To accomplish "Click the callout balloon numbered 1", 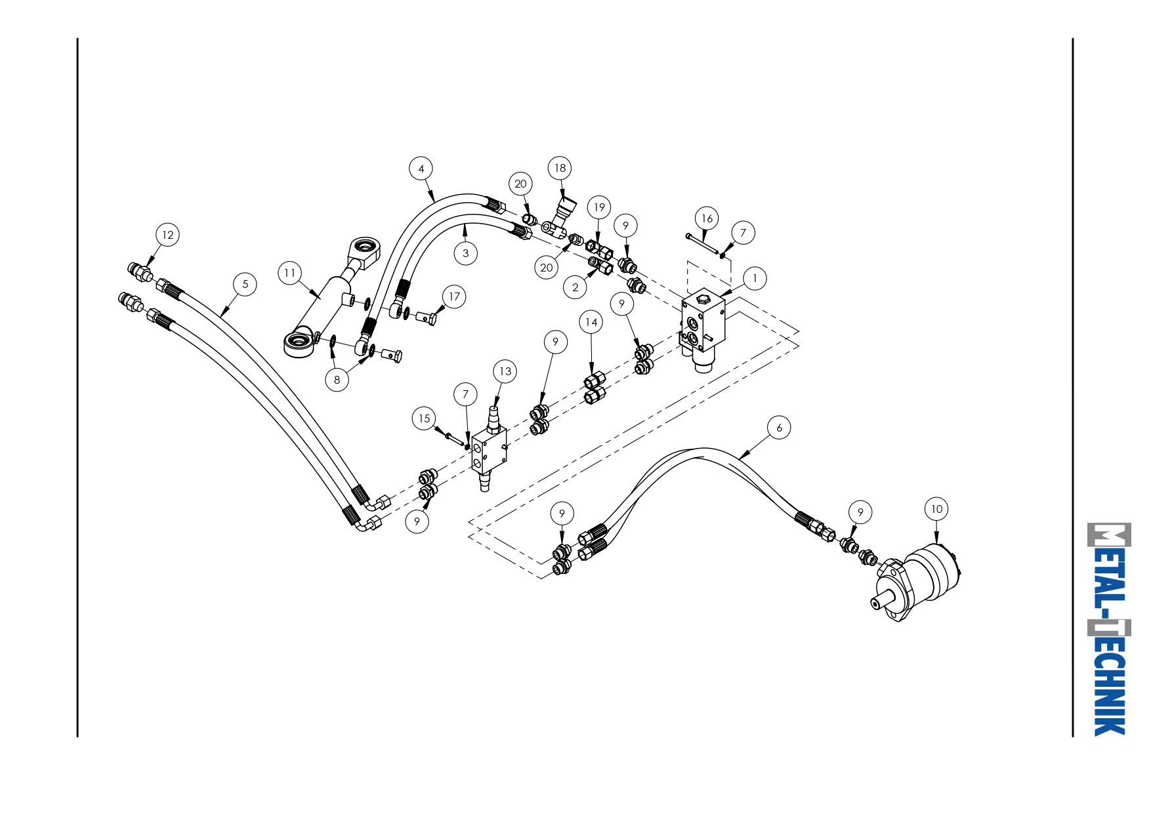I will coord(755,278).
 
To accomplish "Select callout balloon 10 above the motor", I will coord(936,509).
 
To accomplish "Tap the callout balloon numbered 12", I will coord(167,235).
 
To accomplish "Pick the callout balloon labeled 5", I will coord(245,284).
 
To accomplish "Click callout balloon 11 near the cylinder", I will coord(290,273).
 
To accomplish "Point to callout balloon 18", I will coord(560,168).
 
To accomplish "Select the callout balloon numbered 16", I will coord(707,218).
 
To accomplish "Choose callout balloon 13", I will coord(505,371).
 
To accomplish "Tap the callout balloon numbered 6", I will coord(779,428).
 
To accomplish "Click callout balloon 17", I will coord(454,296).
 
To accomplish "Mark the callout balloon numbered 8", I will coord(337,379).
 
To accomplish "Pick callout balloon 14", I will coord(591,322).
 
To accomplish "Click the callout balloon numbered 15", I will coord(424,418).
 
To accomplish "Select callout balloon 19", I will coord(598,208).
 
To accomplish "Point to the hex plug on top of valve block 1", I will coord(702,300).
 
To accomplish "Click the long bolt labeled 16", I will coord(703,245).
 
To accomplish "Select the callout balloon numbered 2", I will coord(575,287).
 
